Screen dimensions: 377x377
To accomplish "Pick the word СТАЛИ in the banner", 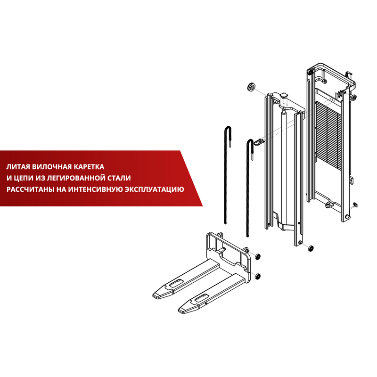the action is point(120,178).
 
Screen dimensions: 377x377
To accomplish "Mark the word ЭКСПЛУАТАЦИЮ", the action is point(155,189).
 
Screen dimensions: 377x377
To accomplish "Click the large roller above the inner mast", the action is point(252,87).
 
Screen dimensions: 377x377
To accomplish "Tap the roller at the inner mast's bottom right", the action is point(311,248).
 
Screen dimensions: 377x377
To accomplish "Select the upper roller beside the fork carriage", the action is point(257,256).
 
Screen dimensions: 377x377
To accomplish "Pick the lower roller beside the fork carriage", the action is point(257,276).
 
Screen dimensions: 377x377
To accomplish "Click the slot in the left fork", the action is point(176,283).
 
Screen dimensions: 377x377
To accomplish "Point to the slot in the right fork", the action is point(202,298).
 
